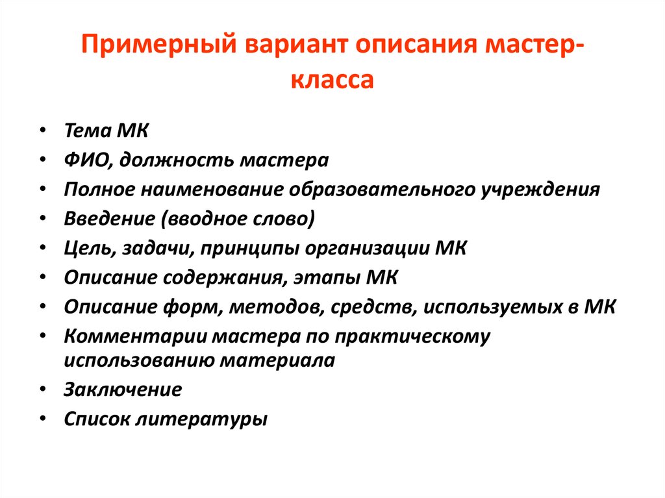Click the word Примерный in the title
[x=158, y=45]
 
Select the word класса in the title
[x=332, y=79]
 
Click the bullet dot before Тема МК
[x=42, y=131]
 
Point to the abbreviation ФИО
[x=88, y=160]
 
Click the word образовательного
[x=382, y=189]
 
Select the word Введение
[x=110, y=219]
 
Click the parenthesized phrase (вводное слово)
[x=238, y=219]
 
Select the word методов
[x=277, y=307]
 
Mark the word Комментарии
[x=136, y=336]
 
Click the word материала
[x=277, y=360]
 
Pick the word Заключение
[x=123, y=390]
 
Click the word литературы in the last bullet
[x=201, y=419]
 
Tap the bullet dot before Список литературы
[x=42, y=419]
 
